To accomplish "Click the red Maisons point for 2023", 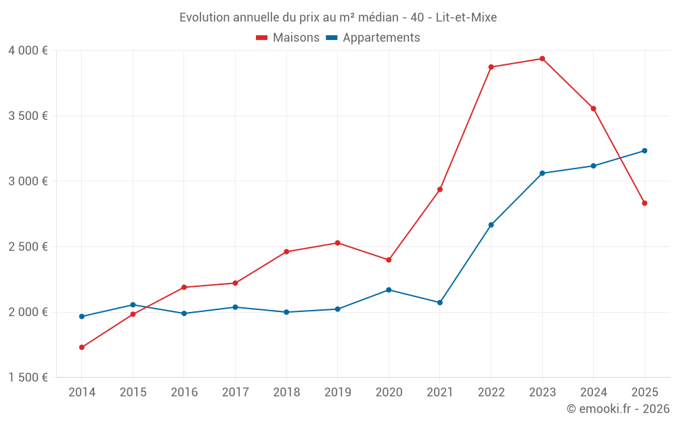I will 542,59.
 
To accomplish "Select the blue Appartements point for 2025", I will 645,151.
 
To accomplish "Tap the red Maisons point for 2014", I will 82,347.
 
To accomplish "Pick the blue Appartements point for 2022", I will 491,225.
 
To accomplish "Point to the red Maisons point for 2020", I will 389,260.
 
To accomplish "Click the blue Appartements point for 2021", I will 440,303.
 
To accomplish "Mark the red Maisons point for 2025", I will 645,203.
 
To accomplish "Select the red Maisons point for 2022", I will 491,67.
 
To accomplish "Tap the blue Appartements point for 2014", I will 82,317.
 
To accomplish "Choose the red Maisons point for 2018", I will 286,252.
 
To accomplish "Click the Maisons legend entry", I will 288,38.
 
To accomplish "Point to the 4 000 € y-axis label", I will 28,51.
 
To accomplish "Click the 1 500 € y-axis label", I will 28,378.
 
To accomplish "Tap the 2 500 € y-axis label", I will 28,247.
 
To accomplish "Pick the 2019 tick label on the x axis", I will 337,393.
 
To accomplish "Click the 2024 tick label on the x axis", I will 593,393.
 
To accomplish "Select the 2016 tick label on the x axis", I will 184,393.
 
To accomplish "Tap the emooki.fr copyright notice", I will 617,409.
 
